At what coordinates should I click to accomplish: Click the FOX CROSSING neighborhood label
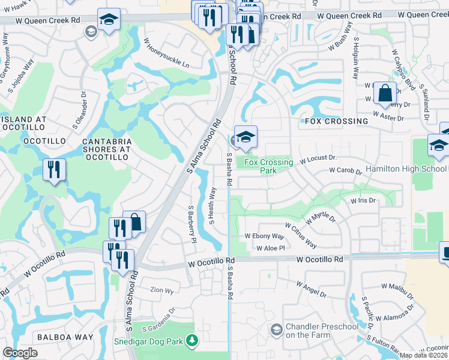tap(336, 121)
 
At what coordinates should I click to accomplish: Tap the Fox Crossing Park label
tap(269, 166)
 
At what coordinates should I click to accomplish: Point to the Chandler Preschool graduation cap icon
tap(276, 329)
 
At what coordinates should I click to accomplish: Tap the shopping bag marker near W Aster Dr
tap(384, 93)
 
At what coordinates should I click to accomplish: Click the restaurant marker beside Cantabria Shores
tap(54, 170)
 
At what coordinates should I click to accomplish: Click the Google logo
tap(19, 353)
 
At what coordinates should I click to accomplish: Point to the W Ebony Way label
tap(264, 236)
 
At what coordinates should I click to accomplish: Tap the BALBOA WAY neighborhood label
tap(65, 337)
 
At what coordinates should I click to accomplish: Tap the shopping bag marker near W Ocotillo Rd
tap(134, 222)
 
